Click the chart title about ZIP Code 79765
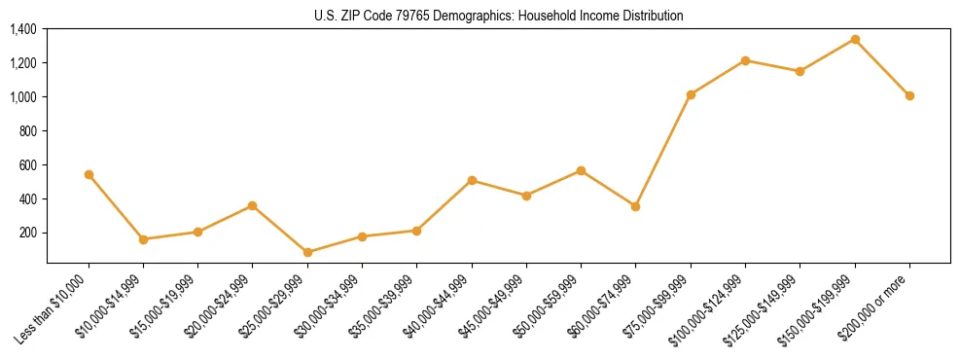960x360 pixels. [x=498, y=16]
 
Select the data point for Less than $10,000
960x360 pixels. [x=89, y=174]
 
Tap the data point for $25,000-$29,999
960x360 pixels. [x=307, y=252]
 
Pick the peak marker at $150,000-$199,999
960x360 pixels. [x=855, y=39]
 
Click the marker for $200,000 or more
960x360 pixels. [x=909, y=95]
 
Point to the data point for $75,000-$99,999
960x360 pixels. [x=691, y=94]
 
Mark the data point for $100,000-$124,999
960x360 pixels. [x=745, y=60]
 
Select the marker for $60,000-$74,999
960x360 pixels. [x=636, y=206]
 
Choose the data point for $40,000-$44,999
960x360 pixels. [x=472, y=180]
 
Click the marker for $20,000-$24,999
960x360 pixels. [x=253, y=205]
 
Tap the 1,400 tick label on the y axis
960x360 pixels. [x=23, y=29]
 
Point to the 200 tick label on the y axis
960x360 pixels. [x=28, y=233]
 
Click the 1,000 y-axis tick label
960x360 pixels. [x=23, y=97]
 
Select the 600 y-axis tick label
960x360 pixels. [x=28, y=164]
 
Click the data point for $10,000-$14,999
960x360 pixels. [x=143, y=239]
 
